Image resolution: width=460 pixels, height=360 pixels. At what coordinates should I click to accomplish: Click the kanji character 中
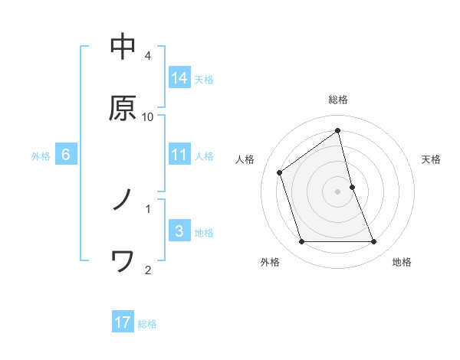coord(123,47)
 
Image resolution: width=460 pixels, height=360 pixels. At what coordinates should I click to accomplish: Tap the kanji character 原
coord(123,108)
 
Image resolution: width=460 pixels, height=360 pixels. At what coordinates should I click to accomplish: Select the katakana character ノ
coord(123,200)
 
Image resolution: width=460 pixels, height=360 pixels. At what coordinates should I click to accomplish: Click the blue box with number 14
coord(179,78)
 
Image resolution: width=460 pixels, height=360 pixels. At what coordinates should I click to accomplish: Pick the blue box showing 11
coord(179,155)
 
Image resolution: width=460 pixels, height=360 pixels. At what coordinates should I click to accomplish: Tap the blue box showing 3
coord(179,231)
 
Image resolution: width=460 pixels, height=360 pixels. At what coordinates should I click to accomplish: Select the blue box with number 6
coord(66,155)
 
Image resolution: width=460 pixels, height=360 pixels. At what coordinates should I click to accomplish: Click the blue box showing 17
coord(123,322)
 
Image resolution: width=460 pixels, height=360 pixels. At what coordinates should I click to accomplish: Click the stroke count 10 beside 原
coord(148,116)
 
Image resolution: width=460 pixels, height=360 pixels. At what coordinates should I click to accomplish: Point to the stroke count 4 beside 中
coord(148,55)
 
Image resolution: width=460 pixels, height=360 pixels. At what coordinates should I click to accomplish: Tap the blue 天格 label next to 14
coord(204,79)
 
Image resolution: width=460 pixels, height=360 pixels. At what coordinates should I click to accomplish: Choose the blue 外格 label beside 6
coord(41,155)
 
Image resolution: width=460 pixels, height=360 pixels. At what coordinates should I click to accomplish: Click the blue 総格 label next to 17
coord(147,323)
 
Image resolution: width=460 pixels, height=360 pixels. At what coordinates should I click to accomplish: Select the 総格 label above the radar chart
coord(338,100)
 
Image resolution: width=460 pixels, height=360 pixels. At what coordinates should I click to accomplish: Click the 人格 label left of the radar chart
coord(245,159)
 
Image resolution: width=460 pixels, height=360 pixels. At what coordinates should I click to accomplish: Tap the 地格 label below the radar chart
coord(402,262)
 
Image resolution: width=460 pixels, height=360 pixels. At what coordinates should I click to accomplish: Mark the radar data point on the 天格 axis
coord(352,186)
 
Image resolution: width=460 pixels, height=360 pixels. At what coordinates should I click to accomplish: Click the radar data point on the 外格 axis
coord(301,242)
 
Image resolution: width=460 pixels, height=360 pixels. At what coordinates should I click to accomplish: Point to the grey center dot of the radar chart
coord(338,191)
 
